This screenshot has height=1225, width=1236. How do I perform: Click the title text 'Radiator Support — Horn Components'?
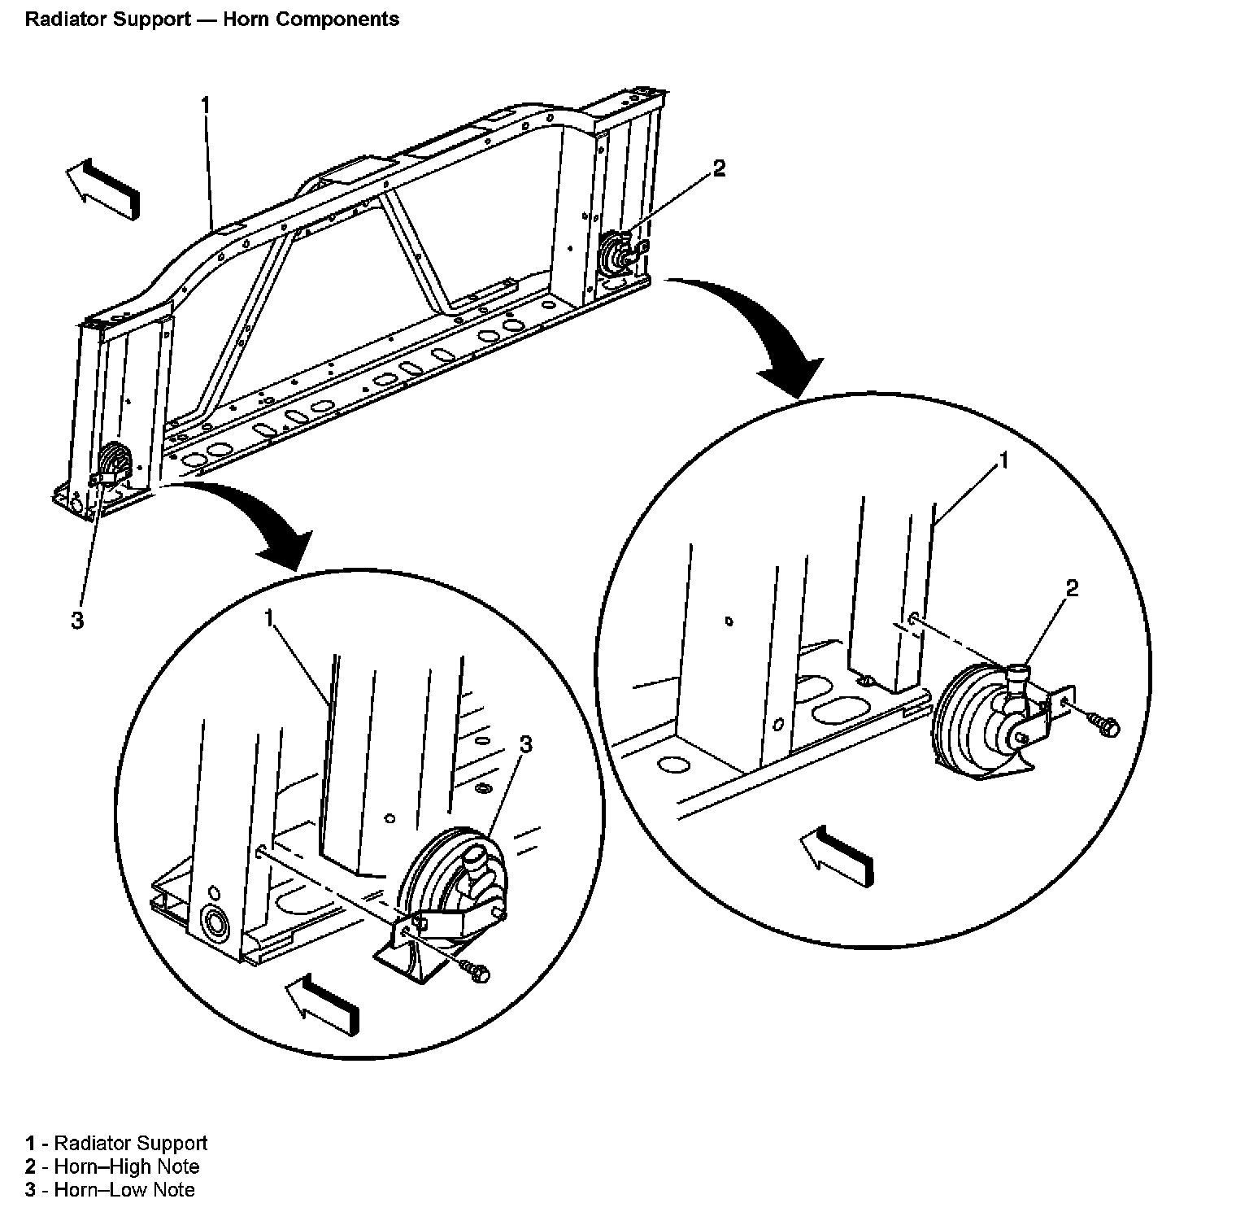(212, 20)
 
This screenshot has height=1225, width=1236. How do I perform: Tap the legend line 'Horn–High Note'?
(126, 1166)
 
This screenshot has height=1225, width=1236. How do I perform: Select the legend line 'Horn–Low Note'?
(124, 1190)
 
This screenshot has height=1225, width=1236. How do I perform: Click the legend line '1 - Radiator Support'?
(116, 1143)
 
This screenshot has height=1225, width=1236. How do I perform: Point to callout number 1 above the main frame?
(206, 105)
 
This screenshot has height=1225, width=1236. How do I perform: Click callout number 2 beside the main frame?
(719, 168)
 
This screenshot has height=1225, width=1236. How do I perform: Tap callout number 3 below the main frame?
(77, 621)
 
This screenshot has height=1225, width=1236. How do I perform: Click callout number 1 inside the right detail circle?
(1003, 461)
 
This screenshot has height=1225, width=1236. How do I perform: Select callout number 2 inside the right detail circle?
(1072, 588)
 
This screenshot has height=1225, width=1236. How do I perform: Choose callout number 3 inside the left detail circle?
(525, 743)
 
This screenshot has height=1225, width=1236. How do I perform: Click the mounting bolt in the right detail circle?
(1104, 725)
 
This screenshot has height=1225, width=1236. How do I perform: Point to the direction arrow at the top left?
(103, 189)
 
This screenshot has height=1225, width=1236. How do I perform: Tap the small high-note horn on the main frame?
(617, 253)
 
